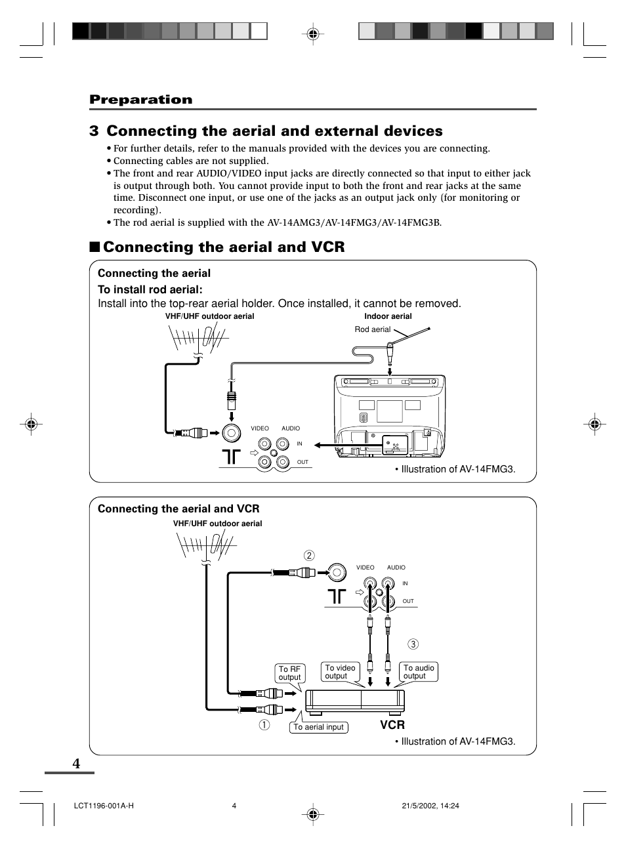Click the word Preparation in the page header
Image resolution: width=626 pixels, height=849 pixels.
[x=141, y=100]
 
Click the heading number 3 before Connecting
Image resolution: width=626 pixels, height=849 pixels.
[x=94, y=131]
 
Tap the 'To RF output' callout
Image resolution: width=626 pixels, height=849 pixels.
[x=289, y=673]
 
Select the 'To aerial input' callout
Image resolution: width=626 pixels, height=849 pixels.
[x=318, y=727]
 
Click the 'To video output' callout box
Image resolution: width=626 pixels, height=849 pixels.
[x=340, y=671]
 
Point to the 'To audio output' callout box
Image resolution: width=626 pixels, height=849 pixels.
[x=419, y=671]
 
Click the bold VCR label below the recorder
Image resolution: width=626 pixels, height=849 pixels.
[x=392, y=725]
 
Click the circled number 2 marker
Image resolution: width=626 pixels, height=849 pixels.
[x=309, y=556]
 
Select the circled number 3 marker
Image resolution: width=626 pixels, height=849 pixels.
[x=413, y=644]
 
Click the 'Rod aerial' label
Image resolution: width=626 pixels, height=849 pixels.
[x=372, y=329]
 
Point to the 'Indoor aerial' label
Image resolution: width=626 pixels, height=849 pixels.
[x=388, y=316]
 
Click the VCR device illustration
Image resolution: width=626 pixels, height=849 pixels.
[x=354, y=700]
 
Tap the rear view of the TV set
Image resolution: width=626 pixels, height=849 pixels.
[x=389, y=415]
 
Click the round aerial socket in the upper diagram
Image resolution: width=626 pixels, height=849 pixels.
[x=231, y=432]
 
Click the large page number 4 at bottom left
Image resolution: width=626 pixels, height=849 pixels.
[x=77, y=763]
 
